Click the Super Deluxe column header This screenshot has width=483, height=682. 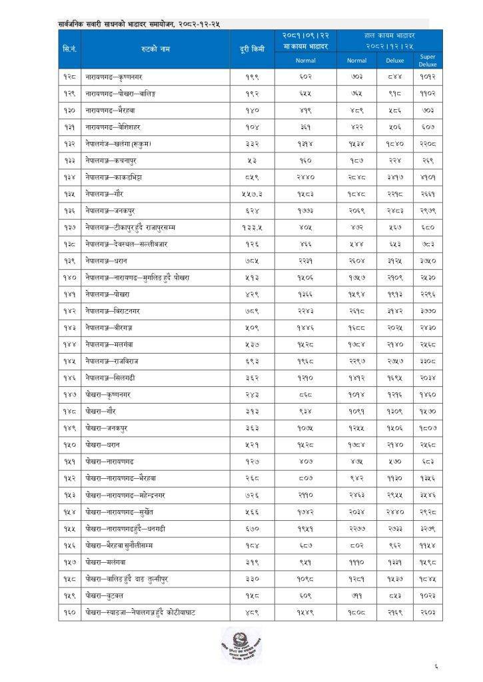(x=427, y=61)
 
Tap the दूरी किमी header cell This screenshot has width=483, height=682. (x=252, y=49)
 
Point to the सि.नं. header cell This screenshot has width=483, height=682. (x=69, y=49)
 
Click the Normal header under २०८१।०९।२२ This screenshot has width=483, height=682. (x=306, y=61)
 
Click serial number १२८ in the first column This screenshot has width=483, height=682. (x=69, y=77)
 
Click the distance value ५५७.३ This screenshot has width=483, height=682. (x=252, y=192)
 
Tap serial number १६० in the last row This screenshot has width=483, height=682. (x=69, y=610)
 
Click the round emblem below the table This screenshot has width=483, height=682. (x=241, y=644)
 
